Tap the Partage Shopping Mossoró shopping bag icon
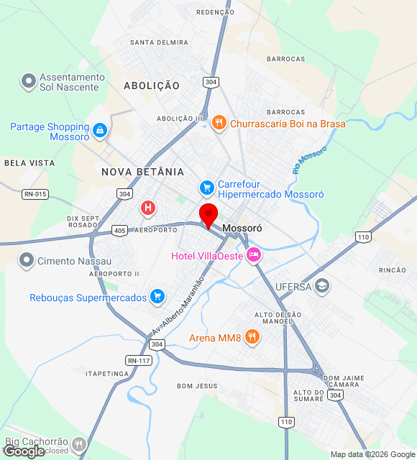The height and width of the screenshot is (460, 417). click(100, 132)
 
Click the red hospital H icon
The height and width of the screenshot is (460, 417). click(148, 208)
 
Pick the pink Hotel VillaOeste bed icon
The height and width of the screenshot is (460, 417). click(253, 255)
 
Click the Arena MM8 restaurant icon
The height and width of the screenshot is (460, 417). click(252, 336)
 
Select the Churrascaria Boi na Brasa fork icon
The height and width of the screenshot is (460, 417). click(219, 124)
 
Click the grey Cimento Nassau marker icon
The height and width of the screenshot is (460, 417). click(27, 260)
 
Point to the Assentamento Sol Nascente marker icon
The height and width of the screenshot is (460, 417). click(29, 81)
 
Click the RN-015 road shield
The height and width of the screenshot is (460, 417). click(35, 194)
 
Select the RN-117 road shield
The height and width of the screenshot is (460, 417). click(138, 360)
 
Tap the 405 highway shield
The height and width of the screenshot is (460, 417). click(119, 230)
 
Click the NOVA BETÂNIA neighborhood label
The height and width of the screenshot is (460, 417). click(142, 172)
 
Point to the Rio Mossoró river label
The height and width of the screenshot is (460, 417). click(309, 160)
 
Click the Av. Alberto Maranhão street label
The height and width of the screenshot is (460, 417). click(178, 305)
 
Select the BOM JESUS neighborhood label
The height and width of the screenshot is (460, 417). click(197, 386)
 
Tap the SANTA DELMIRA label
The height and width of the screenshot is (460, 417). click(159, 42)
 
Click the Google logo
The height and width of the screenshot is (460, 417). click(24, 451)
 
